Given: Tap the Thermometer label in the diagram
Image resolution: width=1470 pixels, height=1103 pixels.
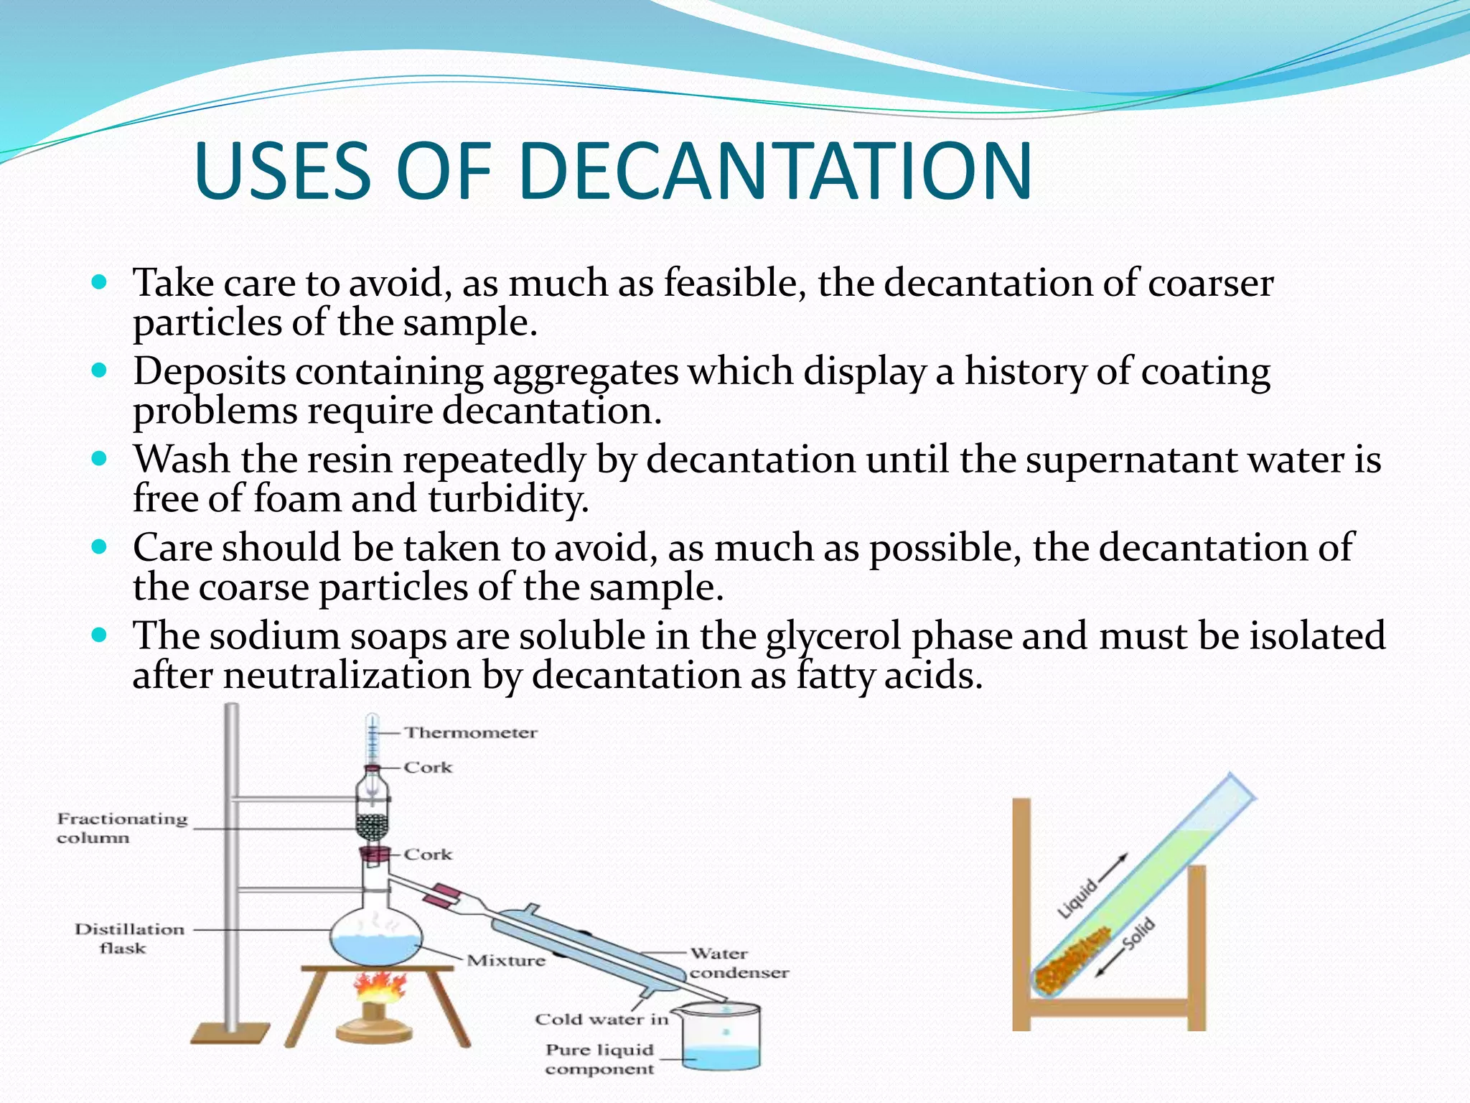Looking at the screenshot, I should [x=470, y=732].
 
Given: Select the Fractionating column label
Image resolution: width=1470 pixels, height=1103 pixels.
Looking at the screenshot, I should [x=122, y=828].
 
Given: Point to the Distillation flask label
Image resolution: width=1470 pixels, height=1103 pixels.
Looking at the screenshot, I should [x=129, y=939].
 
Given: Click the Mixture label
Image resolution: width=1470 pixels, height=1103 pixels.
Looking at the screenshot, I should [x=506, y=961].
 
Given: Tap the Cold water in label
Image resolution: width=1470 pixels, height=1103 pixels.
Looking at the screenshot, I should [x=601, y=1019].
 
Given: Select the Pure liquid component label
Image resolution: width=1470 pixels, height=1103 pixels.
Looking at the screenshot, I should [x=600, y=1059].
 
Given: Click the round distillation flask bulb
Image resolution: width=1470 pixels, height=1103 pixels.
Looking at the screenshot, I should [x=375, y=937].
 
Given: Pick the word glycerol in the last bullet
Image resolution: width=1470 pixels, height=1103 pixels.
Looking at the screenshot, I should [x=833, y=637].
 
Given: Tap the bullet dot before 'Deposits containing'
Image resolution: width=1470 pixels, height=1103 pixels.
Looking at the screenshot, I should [x=100, y=371].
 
